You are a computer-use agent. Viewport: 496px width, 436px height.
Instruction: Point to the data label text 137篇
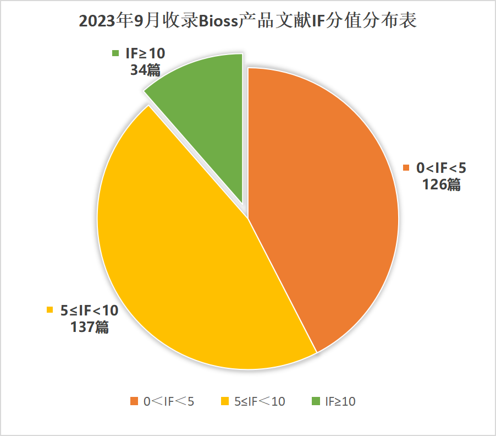(89, 326)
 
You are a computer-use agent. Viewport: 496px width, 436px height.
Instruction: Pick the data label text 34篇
(145, 69)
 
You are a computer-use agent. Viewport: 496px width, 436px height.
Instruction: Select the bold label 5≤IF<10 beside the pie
(89, 310)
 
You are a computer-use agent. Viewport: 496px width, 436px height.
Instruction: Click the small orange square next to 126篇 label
(407, 168)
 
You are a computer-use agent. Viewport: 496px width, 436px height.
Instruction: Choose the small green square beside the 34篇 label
(115, 53)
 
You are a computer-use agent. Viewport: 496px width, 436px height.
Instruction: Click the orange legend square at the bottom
(134, 401)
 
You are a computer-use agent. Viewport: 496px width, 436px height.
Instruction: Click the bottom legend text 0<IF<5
(169, 401)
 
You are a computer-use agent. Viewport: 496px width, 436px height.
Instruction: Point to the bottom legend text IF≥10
(340, 401)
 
